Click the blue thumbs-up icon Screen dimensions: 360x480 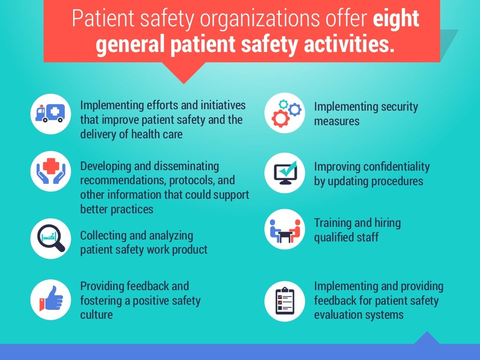pos(51,298)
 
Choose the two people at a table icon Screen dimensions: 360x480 pos(285,229)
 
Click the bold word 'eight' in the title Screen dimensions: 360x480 pos(396,18)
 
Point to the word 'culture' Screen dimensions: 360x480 pos(96,314)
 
